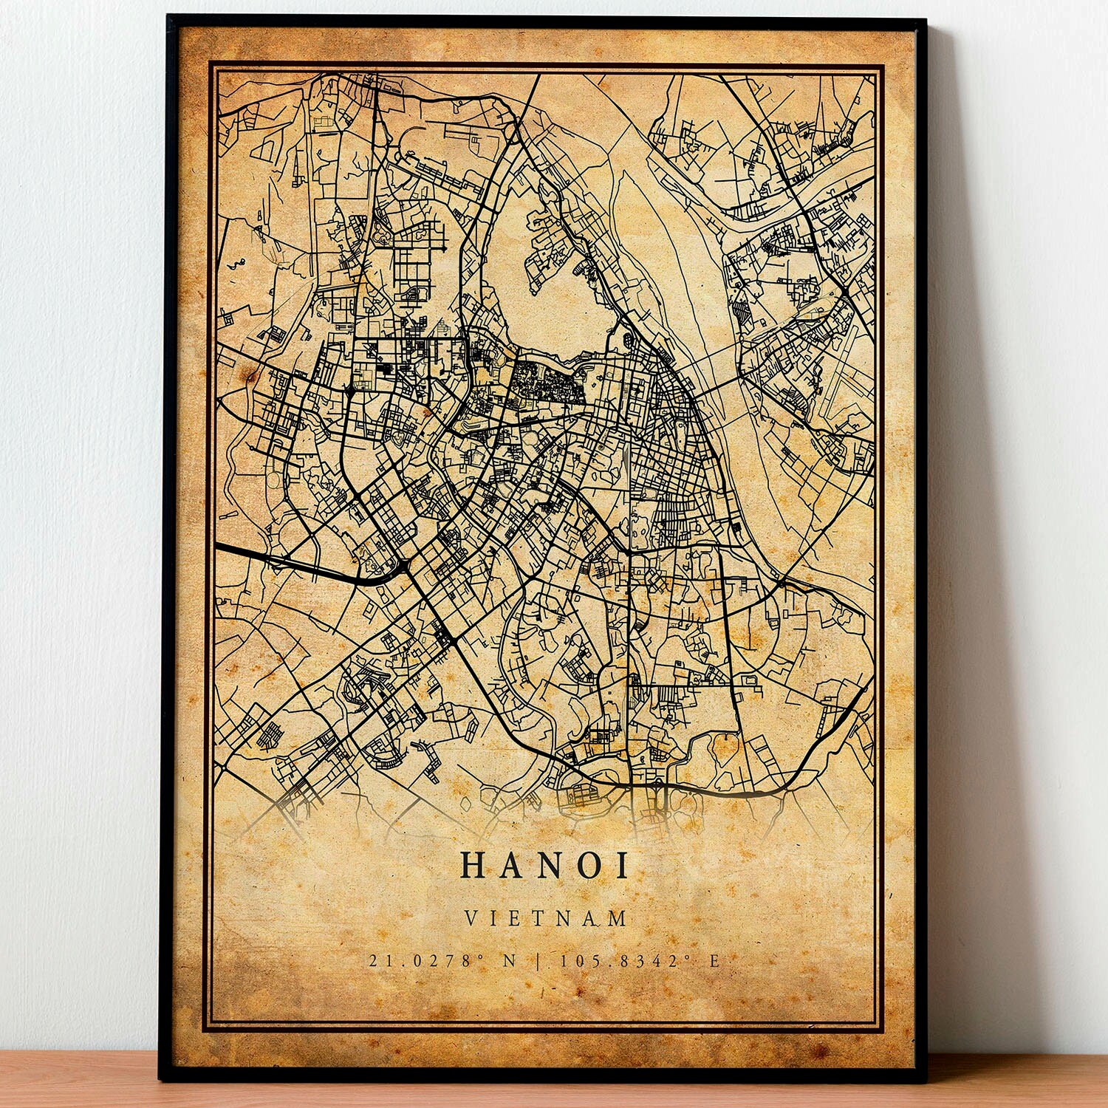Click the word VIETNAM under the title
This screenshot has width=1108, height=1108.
point(546,918)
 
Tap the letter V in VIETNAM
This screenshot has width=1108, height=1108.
point(470,918)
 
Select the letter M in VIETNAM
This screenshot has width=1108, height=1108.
point(619,918)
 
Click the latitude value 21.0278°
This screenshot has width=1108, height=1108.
point(426,961)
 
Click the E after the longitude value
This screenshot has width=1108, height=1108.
point(714,961)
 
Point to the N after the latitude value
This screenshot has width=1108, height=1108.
point(510,961)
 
